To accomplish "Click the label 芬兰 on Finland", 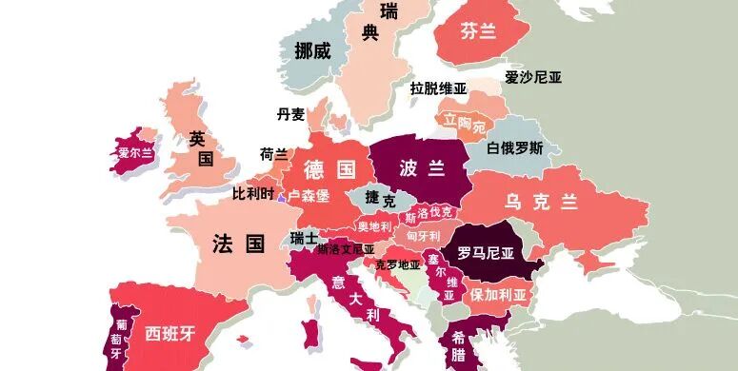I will click(x=478, y=31).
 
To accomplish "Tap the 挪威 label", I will click(x=312, y=50).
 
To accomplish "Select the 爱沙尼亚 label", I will click(x=533, y=77).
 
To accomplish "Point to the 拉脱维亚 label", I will click(x=438, y=88).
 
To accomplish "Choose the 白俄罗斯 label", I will click(x=515, y=147).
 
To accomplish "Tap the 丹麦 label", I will click(x=290, y=114).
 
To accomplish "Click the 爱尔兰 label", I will click(x=135, y=151).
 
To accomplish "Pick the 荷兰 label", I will click(x=273, y=153).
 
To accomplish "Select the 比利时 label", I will click(x=252, y=193).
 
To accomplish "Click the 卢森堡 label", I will click(x=309, y=195).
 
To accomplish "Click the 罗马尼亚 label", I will click(x=485, y=253).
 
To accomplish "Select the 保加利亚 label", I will click(x=498, y=294).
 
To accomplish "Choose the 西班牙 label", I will click(x=170, y=333).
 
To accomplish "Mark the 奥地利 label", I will click(x=374, y=226).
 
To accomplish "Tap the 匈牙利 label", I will click(x=423, y=235).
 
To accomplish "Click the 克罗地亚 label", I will click(x=398, y=264).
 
